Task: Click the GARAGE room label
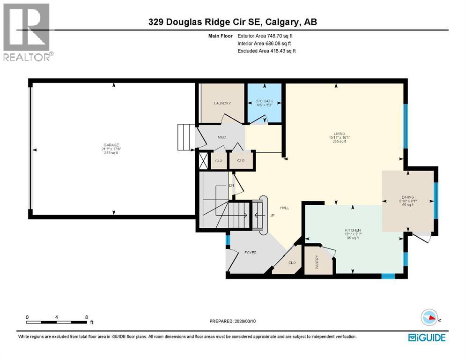point(111,145)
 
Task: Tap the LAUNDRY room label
point(222,103)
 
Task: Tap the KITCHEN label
point(352,230)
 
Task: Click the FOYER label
point(251,253)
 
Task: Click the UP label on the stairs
point(271,216)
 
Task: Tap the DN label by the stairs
point(231,186)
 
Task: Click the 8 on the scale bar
point(86,317)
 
